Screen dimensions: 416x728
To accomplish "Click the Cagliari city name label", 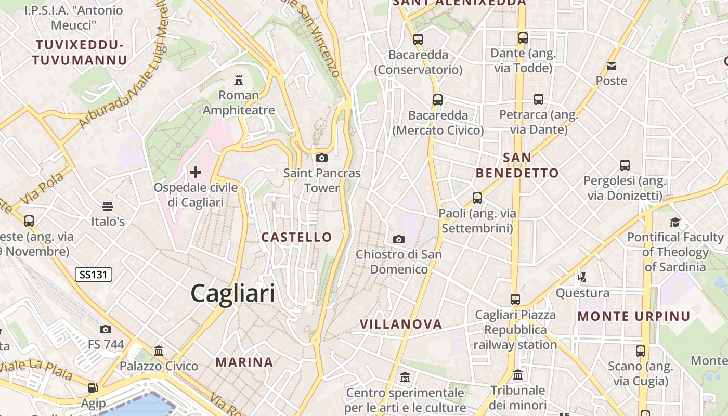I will (232, 293).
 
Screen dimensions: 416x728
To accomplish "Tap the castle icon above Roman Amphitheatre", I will (239, 80).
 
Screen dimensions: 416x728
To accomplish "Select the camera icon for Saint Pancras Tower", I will (322, 158).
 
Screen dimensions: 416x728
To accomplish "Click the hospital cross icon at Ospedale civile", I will (196, 172).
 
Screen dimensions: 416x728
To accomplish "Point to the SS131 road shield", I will (94, 275).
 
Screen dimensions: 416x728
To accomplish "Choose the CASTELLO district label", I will (296, 237).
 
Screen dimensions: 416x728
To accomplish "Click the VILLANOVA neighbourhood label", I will (401, 324).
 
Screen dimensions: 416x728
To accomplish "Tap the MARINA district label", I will (244, 362).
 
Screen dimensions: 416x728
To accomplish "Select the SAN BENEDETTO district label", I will (517, 165).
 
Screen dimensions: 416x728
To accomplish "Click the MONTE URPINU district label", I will (634, 316).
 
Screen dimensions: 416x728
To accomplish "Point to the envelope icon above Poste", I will (612, 66).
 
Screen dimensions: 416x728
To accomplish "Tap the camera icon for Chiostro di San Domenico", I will (399, 239).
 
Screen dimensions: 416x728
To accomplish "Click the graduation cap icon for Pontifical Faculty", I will (675, 222).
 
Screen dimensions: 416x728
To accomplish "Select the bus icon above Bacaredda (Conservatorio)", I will (418, 39).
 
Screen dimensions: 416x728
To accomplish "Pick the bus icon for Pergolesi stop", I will (625, 165).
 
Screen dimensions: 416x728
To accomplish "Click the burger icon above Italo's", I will (108, 206).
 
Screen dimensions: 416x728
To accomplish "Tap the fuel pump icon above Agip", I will (93, 387).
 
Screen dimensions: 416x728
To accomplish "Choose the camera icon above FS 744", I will (106, 329).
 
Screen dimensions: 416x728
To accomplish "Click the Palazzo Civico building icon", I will (159, 351).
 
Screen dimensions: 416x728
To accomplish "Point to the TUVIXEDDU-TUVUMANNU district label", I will (79, 53).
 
